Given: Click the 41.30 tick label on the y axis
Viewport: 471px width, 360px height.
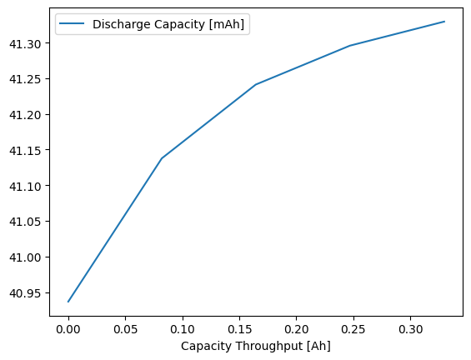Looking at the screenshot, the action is [x=25, y=44].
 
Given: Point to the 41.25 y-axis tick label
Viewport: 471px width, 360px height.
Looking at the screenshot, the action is [x=25, y=80].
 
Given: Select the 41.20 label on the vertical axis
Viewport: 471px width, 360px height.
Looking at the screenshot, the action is [x=25, y=116].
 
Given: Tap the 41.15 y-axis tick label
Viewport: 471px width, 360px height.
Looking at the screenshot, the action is [x=25, y=151].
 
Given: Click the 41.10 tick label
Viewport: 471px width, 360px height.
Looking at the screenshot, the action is [x=25, y=187].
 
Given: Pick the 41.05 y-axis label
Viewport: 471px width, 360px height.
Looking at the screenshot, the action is [x=25, y=222].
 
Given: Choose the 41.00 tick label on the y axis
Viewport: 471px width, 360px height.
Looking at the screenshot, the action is [x=25, y=257].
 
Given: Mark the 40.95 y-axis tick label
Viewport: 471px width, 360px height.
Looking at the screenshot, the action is [x=25, y=293].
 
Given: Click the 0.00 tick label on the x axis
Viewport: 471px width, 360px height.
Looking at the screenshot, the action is [x=68, y=329].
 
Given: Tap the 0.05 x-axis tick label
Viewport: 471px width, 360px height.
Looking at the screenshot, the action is [x=125, y=329].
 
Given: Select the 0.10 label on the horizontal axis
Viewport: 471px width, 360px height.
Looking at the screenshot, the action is [x=183, y=329].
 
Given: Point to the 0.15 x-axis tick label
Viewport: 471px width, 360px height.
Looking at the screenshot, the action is [x=239, y=329].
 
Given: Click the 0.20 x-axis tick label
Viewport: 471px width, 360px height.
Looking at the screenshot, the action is [x=297, y=329].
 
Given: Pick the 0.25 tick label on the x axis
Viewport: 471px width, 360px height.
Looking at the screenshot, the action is [x=353, y=329].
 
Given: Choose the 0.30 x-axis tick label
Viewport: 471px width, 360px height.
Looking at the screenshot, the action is [x=411, y=329].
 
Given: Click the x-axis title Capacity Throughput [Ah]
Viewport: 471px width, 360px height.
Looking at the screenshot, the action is [x=256, y=346].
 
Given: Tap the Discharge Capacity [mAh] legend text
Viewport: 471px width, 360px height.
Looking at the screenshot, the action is [x=168, y=24].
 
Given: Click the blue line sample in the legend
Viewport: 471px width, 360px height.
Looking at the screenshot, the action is [x=72, y=23].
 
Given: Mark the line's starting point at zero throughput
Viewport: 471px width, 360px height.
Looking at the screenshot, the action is [x=68, y=302].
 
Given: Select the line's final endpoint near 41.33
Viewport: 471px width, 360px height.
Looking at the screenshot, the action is [x=444, y=22].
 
